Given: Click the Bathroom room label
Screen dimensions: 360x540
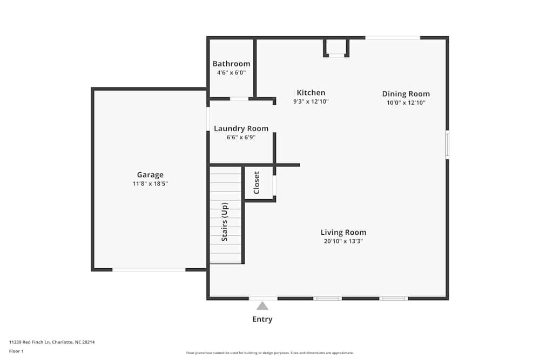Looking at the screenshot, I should pyautogui.click(x=231, y=64).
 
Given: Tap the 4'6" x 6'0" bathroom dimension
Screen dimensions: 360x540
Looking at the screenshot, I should pyautogui.click(x=231, y=72).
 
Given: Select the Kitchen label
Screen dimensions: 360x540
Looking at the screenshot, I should pyautogui.click(x=311, y=93).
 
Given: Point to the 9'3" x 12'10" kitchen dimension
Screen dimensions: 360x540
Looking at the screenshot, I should pyautogui.click(x=311, y=101).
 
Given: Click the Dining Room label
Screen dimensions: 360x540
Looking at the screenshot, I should pyautogui.click(x=406, y=94).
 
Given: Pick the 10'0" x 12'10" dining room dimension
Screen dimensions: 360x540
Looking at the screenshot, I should pyautogui.click(x=406, y=103).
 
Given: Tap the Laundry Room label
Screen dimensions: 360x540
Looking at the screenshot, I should pyautogui.click(x=241, y=128).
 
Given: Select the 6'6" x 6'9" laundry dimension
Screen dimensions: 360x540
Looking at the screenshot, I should pyautogui.click(x=241, y=137).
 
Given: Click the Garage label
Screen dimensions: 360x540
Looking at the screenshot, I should pyautogui.click(x=150, y=175).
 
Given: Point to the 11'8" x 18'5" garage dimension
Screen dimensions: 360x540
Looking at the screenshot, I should pyautogui.click(x=150, y=184).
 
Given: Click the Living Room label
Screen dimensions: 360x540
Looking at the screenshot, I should pyautogui.click(x=343, y=233).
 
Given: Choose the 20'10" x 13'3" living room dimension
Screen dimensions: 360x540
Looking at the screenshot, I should pyautogui.click(x=343, y=241).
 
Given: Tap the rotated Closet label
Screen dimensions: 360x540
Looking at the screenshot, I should pyautogui.click(x=256, y=182).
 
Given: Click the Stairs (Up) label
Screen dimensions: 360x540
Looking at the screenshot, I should pyautogui.click(x=225, y=221).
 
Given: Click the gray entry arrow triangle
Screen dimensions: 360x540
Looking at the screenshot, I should pyautogui.click(x=262, y=306).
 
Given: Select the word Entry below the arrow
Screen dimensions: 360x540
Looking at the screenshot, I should pyautogui.click(x=262, y=320).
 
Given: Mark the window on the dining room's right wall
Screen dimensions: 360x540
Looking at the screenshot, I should pyautogui.click(x=447, y=145).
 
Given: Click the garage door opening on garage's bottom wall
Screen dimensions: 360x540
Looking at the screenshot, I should pyautogui.click(x=148, y=269).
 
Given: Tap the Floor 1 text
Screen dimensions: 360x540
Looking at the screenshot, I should pyautogui.click(x=16, y=351).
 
